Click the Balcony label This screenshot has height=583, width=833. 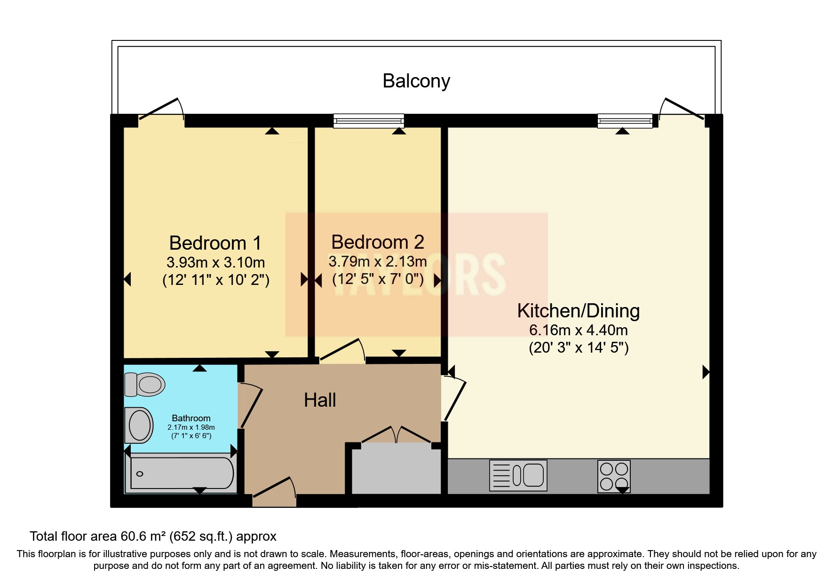pos(416,81)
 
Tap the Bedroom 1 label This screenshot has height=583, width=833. pos(215,243)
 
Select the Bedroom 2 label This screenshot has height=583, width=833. pos(378,242)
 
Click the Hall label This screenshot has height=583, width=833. pos(320,400)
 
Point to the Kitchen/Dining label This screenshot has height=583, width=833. pos(579,311)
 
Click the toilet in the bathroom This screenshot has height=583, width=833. pos(145,384)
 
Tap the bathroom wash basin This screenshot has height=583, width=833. pos(139,425)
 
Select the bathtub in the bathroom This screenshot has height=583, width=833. pos(181,473)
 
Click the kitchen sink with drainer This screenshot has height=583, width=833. pos(518,475)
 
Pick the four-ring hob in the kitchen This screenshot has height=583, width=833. pos(614,476)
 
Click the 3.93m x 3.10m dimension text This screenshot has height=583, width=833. pos(216,262)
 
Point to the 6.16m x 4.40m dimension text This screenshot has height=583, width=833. pos(579,330)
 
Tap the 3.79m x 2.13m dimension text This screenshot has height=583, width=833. pos(378,261)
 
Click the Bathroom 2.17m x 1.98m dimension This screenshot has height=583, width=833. pos(191,427)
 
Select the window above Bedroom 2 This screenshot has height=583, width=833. pos(369,121)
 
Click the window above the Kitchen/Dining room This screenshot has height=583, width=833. pos(625,121)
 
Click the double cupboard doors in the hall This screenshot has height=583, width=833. pos(396,435)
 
